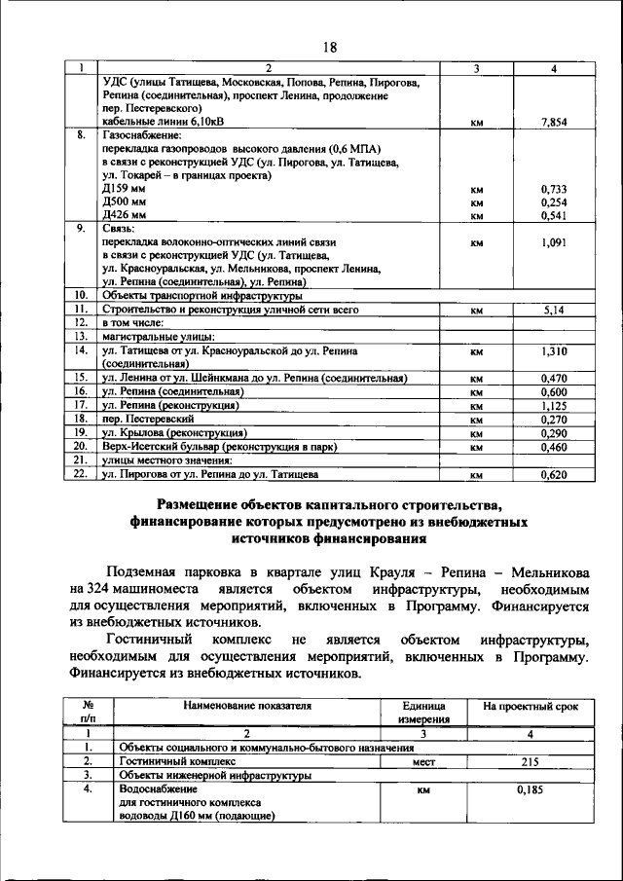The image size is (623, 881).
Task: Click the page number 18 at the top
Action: point(329,47)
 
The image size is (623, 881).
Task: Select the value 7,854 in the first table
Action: point(553,123)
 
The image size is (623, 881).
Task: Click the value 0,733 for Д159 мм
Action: point(553,188)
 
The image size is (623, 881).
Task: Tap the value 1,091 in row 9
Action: point(553,241)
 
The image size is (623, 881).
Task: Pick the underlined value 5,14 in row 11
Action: point(553,310)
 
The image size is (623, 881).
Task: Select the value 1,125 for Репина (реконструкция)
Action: point(553,404)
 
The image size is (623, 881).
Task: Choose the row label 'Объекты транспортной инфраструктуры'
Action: point(202,295)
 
